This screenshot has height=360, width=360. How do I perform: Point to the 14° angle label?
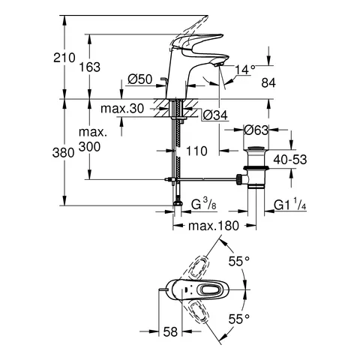pos(246,69)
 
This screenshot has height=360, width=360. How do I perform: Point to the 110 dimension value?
pos(197,151)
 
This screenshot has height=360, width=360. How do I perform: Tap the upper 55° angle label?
pos(239,262)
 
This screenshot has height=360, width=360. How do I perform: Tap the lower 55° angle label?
pos(239,319)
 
